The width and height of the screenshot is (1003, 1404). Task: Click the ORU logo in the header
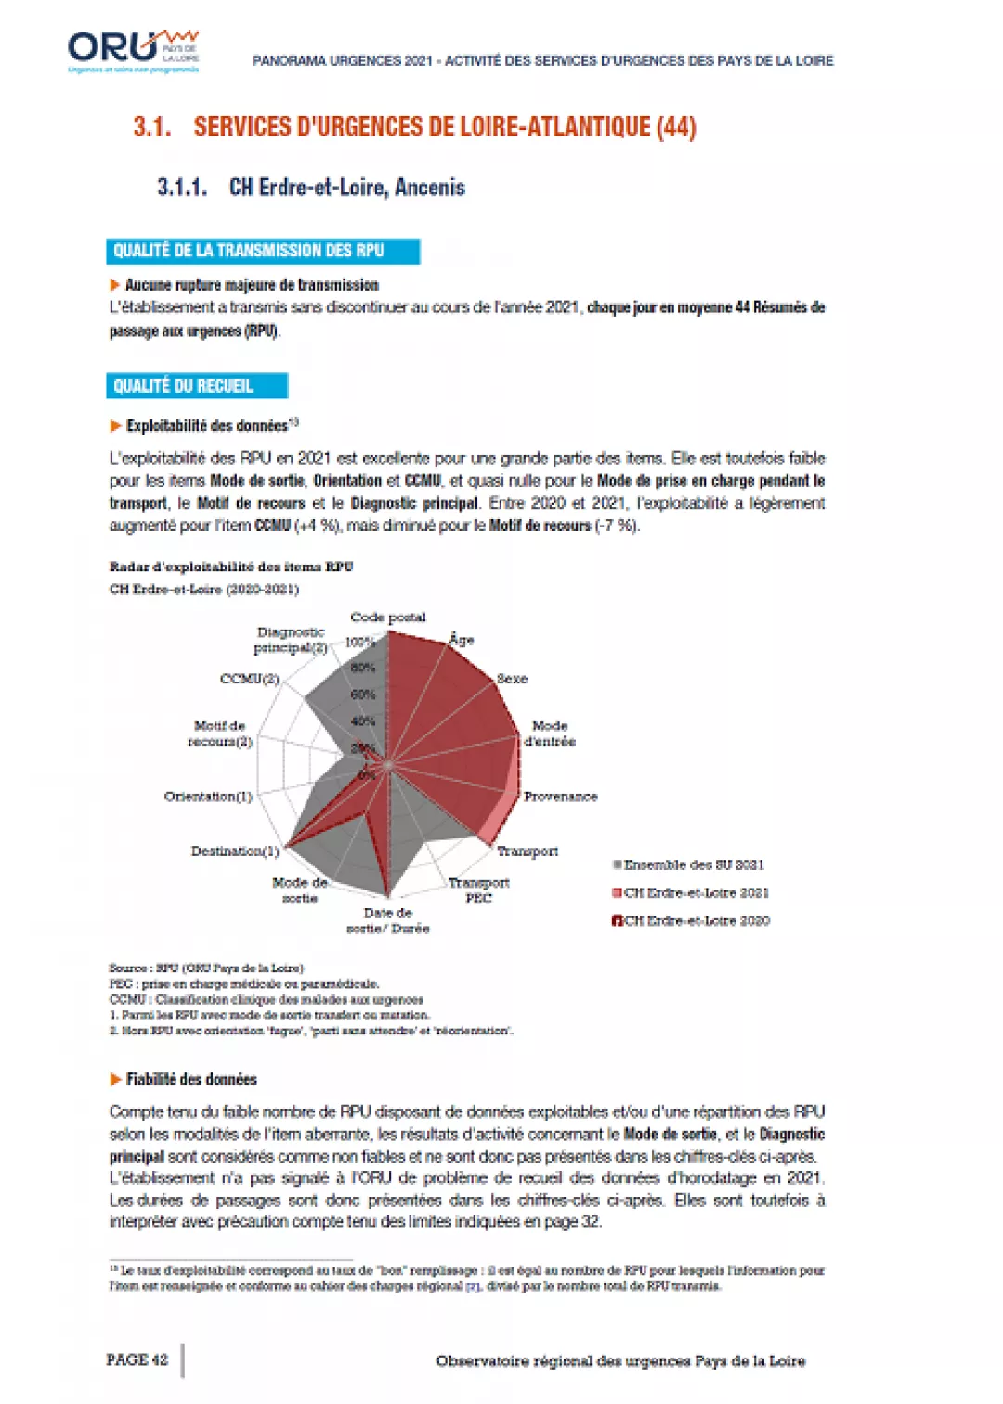(x=133, y=50)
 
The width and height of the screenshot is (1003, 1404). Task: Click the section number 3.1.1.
(x=182, y=188)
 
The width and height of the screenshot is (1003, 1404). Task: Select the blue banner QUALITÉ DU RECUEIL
(x=197, y=386)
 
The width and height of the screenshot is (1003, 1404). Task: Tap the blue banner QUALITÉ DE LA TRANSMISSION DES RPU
(x=263, y=251)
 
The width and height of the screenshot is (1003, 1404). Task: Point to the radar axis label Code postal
(x=388, y=617)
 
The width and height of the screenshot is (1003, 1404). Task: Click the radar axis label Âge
(x=462, y=640)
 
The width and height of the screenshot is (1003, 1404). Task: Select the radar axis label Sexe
(x=512, y=679)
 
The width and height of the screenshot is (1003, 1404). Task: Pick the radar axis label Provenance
(x=560, y=797)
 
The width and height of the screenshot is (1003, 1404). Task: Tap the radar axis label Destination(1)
(x=235, y=851)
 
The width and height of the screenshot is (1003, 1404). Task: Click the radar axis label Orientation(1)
(x=208, y=797)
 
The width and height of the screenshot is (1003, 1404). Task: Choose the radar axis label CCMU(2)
(x=249, y=679)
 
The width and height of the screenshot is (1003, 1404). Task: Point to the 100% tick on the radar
(x=358, y=642)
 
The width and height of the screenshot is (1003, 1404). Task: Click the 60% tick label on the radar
(x=362, y=695)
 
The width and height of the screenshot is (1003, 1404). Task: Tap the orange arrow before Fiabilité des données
(x=115, y=1079)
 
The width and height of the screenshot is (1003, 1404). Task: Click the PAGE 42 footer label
(x=137, y=1360)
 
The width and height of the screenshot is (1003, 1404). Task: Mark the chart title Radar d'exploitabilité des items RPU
(x=231, y=566)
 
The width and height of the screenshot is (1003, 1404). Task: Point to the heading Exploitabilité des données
(x=207, y=426)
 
